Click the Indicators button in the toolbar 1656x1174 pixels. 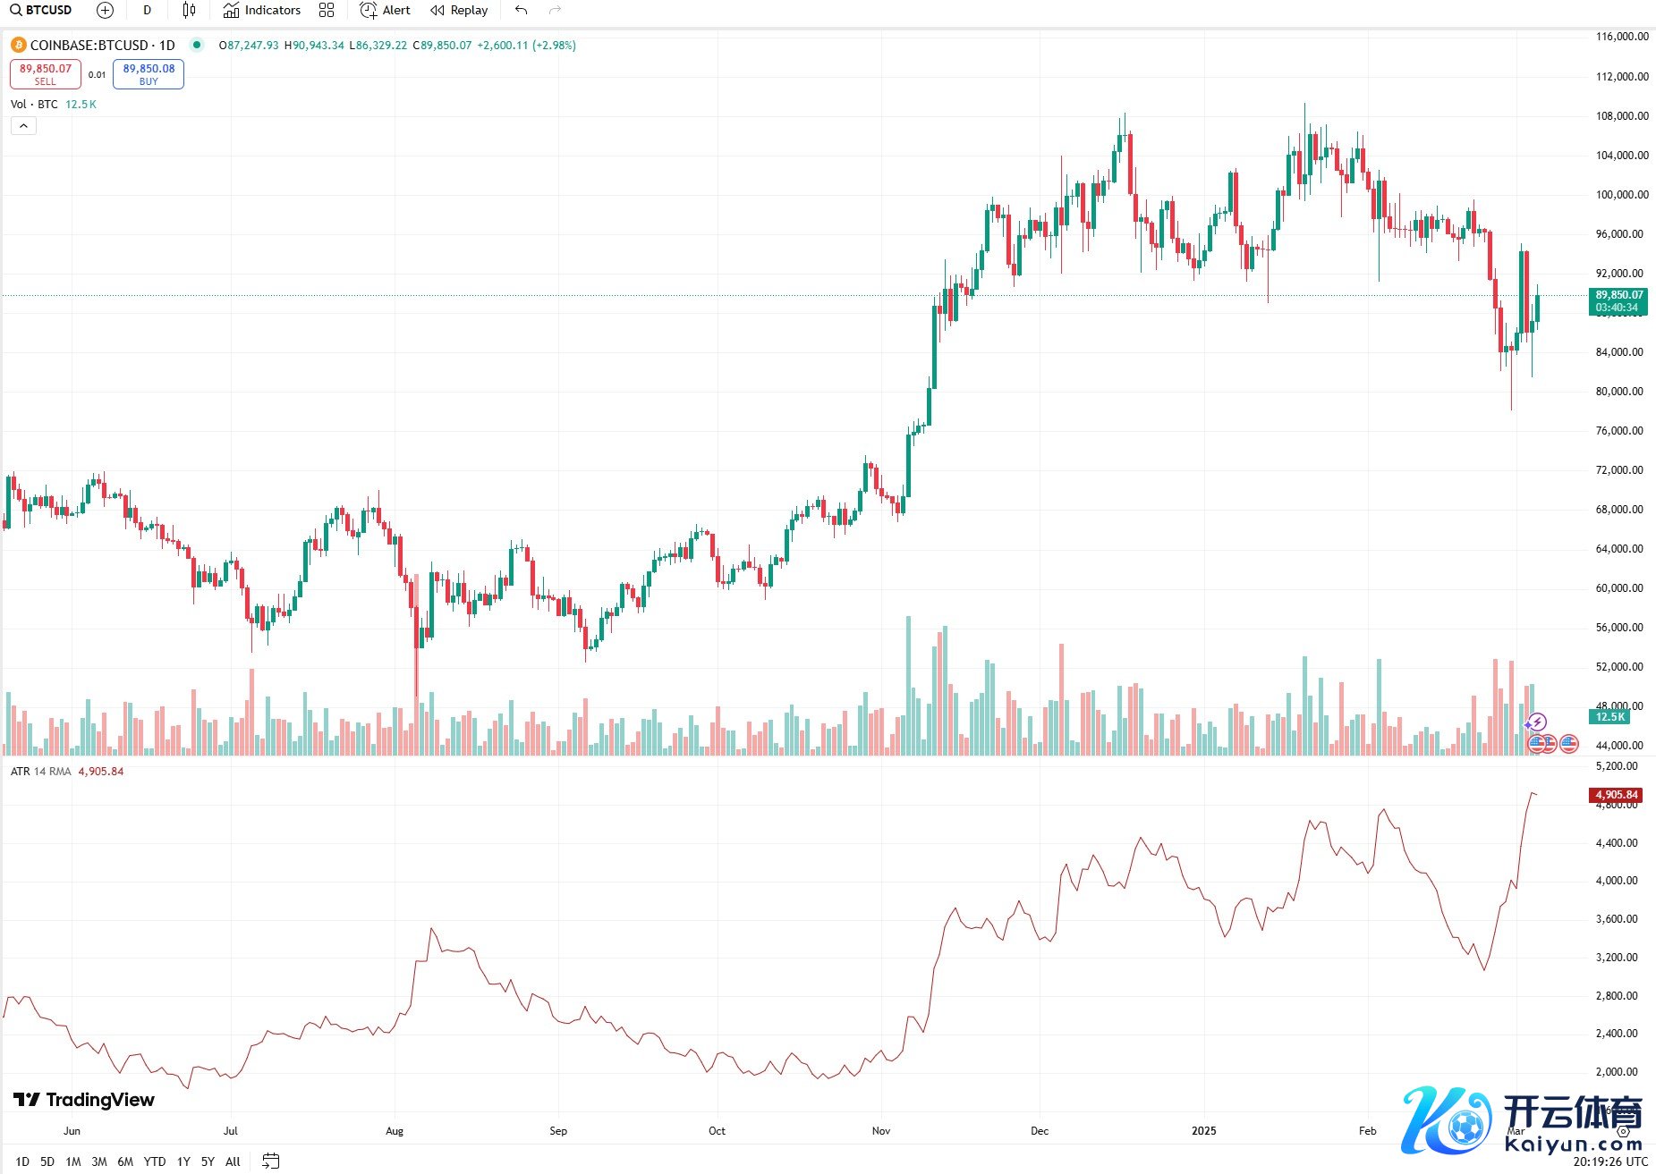(262, 11)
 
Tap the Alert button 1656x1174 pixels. (386, 11)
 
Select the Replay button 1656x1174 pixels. (459, 11)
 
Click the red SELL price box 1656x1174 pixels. (46, 74)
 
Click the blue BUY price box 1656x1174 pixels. (149, 74)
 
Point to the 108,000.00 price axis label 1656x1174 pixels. (1622, 116)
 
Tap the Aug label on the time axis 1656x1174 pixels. (395, 1131)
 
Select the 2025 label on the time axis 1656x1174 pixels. (1204, 1131)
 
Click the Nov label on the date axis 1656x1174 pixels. (881, 1131)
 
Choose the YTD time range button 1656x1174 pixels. (155, 1161)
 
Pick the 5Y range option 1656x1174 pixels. (208, 1161)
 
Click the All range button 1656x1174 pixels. (233, 1161)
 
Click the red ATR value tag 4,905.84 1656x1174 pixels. (1616, 795)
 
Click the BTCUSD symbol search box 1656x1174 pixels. (41, 11)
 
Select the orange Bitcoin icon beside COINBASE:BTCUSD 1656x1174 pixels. (18, 46)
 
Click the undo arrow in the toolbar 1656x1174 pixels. (522, 11)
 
